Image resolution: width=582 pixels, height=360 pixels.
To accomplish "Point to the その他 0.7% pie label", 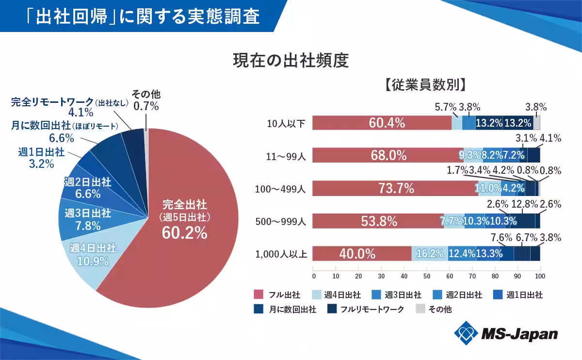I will click(146, 99).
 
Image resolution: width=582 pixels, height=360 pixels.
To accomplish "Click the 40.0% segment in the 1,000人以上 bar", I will click(361, 254).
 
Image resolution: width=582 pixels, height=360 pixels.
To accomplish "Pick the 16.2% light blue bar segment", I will click(430, 254).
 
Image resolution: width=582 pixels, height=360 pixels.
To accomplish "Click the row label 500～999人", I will click(281, 221).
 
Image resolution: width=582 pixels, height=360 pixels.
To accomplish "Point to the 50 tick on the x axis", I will click(427, 276).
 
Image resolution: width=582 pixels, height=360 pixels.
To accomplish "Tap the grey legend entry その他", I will click(434, 310).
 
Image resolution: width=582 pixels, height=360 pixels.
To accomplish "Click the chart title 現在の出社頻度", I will click(291, 61).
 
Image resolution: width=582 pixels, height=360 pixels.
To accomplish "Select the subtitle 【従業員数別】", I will click(425, 85).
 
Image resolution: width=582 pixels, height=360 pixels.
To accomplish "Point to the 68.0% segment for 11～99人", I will click(388, 156).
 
